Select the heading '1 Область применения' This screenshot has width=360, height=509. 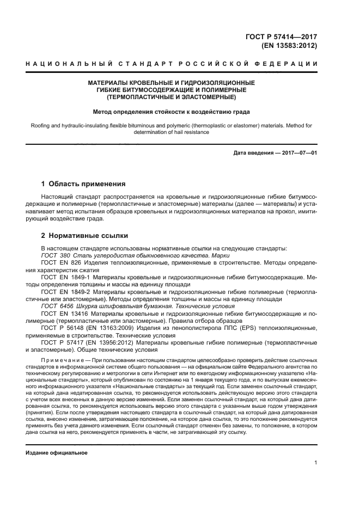tap(84, 184)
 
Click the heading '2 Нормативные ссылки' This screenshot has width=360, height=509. tap(84, 236)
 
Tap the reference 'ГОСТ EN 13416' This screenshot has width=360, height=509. tap(63, 314)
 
